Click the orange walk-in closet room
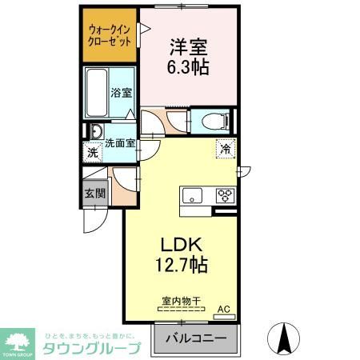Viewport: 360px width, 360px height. point(110,37)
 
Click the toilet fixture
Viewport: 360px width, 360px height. point(214,122)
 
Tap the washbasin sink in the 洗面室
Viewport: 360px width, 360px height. point(96,132)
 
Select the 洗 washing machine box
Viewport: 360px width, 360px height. point(93,152)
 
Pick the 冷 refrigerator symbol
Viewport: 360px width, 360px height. point(226,149)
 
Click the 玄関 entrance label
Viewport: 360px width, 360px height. point(93,193)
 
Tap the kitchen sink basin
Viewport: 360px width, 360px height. point(194,195)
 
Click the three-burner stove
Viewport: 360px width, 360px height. point(225,195)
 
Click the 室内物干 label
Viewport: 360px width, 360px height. point(182,301)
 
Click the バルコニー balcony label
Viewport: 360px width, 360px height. point(195,337)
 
